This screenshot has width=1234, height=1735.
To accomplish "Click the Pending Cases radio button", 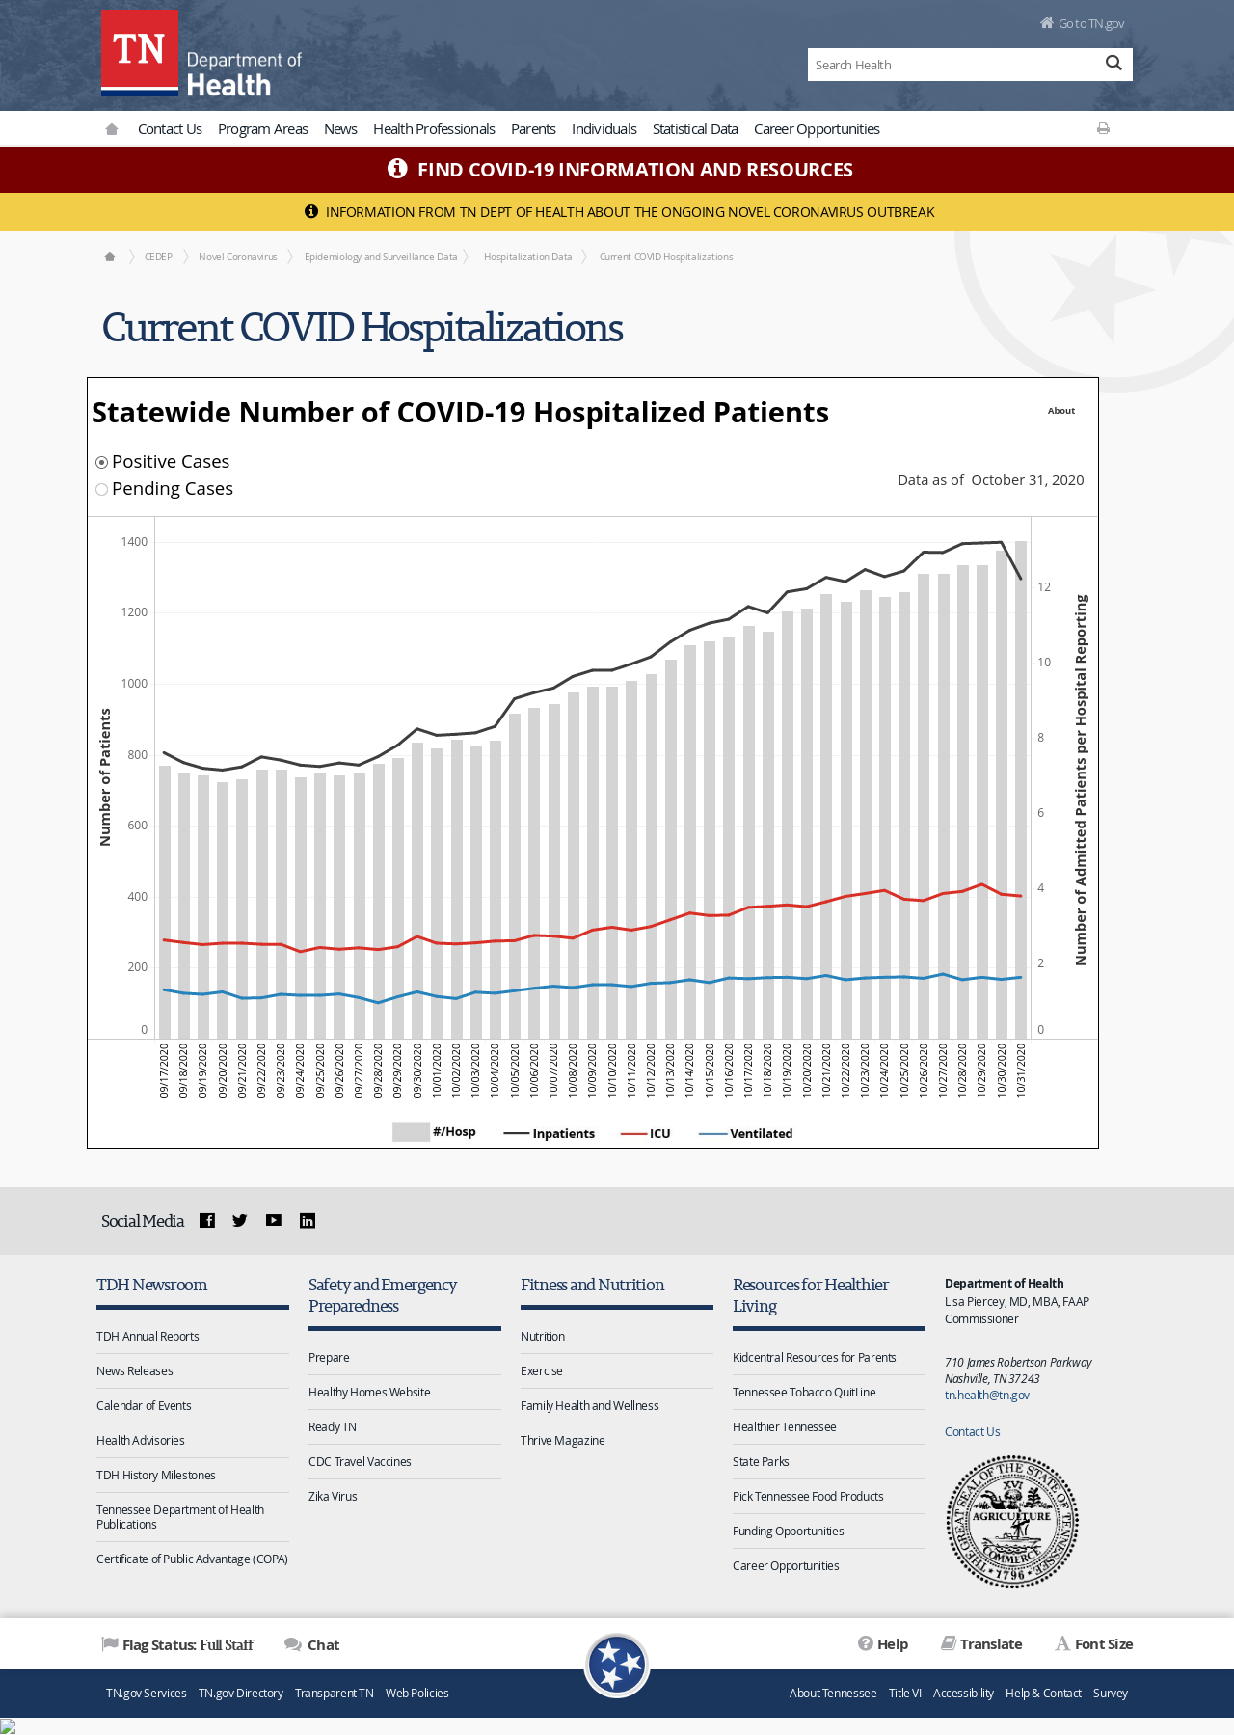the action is pos(101,489).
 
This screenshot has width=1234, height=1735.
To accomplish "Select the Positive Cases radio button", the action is pos(101,462).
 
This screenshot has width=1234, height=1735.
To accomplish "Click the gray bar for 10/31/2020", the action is pos(1021,790).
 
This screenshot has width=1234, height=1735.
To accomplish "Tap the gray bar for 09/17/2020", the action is pos(165,903).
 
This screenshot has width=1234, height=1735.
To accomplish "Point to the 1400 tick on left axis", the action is pos(134,542).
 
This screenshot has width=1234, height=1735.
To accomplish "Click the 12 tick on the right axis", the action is pos(1044,587).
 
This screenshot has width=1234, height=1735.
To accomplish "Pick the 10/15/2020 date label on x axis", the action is pos(710,1070).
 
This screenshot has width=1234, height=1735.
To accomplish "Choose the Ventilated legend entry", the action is pos(746,1133).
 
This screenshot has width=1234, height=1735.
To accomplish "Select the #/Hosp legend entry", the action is pos(434,1132).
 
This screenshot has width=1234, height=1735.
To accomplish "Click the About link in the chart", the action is pos(1061,411).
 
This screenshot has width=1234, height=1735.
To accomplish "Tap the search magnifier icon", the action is pos(1113,64).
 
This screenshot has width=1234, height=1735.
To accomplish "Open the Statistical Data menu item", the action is pos(695,129).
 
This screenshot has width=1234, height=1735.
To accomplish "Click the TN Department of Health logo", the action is pos(201,54).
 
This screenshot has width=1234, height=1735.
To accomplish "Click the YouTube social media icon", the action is pos(274,1220).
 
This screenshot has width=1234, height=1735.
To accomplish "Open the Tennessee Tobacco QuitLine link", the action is pos(804,1393).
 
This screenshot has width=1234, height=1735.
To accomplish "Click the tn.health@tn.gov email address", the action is pos(987,1396).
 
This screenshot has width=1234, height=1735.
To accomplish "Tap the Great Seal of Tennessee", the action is pos(1012,1522).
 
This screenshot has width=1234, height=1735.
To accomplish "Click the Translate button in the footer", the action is pos(981,1644).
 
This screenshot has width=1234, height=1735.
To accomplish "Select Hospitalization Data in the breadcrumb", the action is pos(528,257).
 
